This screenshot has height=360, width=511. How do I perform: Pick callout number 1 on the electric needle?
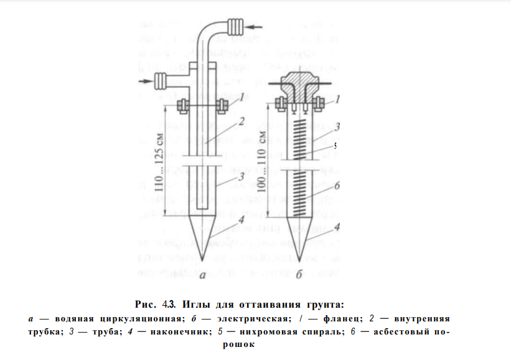[337, 98]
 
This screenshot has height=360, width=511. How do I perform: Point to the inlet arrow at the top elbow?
[254, 27]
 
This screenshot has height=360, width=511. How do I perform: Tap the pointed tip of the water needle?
[203, 256]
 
